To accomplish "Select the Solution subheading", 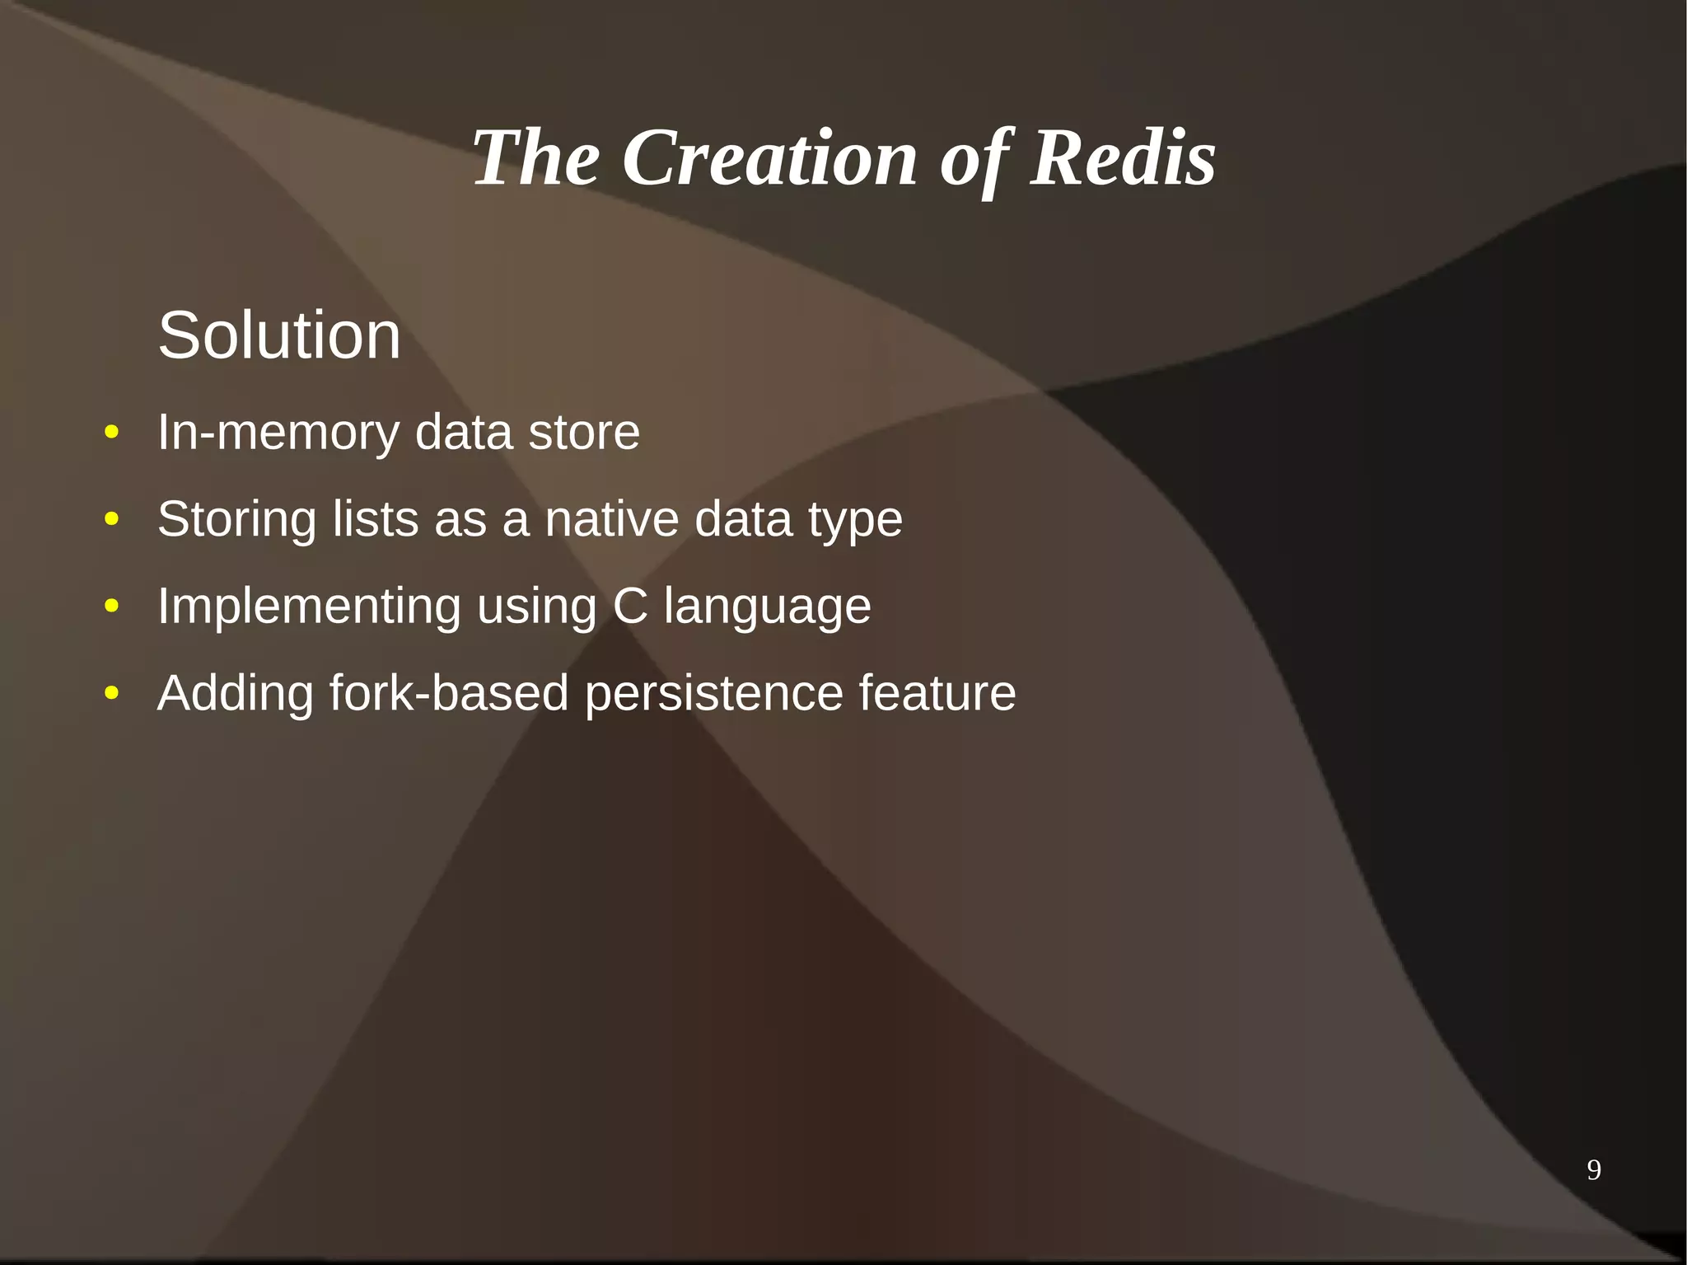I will [279, 335].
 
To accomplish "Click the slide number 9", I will [1593, 1169].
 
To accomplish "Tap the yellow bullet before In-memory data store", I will [112, 433].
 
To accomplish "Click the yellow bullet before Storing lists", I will [112, 519].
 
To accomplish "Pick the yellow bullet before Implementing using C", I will [112, 607].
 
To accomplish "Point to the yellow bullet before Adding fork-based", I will [112, 693].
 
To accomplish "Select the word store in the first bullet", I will [583, 433].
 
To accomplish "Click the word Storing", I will [237, 519].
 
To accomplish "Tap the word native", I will [611, 519].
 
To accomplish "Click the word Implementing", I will [309, 607].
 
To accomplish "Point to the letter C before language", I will [630, 607].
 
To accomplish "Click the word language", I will [767, 608].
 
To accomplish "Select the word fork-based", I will [449, 693].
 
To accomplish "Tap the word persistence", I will [713, 693].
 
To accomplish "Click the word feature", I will [937, 693].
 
